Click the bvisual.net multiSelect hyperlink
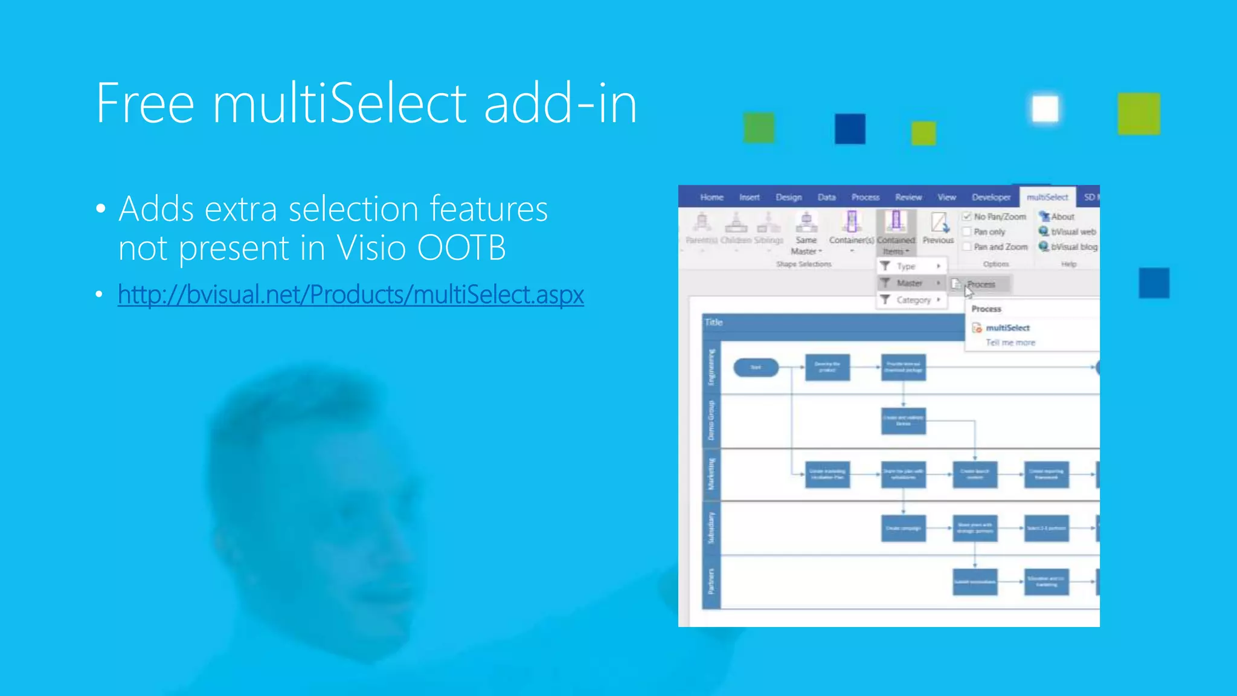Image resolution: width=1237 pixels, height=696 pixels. pyautogui.click(x=350, y=295)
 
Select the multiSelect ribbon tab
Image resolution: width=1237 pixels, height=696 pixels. pyautogui.click(x=1047, y=197)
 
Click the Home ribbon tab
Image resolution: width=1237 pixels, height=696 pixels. pyautogui.click(x=712, y=197)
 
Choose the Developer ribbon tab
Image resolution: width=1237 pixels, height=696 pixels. pyautogui.click(x=991, y=197)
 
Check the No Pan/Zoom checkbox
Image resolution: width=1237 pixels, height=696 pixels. pyautogui.click(x=967, y=216)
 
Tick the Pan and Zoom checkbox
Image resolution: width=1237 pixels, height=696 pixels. pyautogui.click(x=967, y=246)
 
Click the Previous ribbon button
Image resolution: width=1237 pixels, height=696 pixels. pyautogui.click(x=938, y=228)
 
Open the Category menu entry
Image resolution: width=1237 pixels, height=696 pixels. pyautogui.click(x=913, y=300)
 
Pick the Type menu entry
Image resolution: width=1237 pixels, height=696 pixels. pyautogui.click(x=907, y=266)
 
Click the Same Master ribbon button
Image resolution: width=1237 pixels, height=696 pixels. pyautogui.click(x=806, y=233)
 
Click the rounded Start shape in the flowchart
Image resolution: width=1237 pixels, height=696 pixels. pyautogui.click(x=756, y=367)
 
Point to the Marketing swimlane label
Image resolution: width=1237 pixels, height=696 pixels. pyautogui.click(x=712, y=474)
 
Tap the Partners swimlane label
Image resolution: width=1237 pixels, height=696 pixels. pyautogui.click(x=712, y=581)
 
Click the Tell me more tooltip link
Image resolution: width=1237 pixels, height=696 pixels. pyautogui.click(x=1010, y=343)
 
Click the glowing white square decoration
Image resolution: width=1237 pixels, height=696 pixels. pyautogui.click(x=1045, y=109)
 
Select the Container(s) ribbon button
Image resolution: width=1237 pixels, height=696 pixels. pyautogui.click(x=852, y=230)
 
